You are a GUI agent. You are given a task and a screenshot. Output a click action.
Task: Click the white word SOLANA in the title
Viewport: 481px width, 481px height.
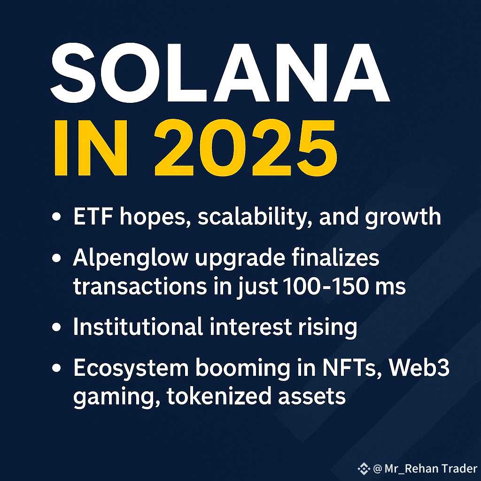click(x=220, y=72)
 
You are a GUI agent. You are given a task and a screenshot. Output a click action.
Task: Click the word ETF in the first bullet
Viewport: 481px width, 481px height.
click(x=93, y=217)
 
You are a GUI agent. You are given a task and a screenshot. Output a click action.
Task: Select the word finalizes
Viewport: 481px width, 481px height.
click(x=335, y=257)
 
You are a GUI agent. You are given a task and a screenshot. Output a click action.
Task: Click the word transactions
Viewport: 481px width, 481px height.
click(x=140, y=287)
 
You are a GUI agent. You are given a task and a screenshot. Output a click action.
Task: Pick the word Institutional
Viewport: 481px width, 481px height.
click(x=138, y=326)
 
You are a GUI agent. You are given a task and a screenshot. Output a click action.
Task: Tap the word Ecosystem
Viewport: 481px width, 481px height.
click(x=131, y=369)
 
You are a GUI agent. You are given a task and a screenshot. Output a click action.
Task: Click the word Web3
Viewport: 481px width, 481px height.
click(x=419, y=367)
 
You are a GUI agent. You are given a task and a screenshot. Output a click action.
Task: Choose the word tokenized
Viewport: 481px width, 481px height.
click(x=219, y=396)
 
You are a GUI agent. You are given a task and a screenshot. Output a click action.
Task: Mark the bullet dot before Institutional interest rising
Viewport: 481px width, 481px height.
click(x=56, y=327)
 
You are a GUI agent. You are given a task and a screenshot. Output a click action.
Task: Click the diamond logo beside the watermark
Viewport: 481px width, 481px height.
click(x=364, y=468)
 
